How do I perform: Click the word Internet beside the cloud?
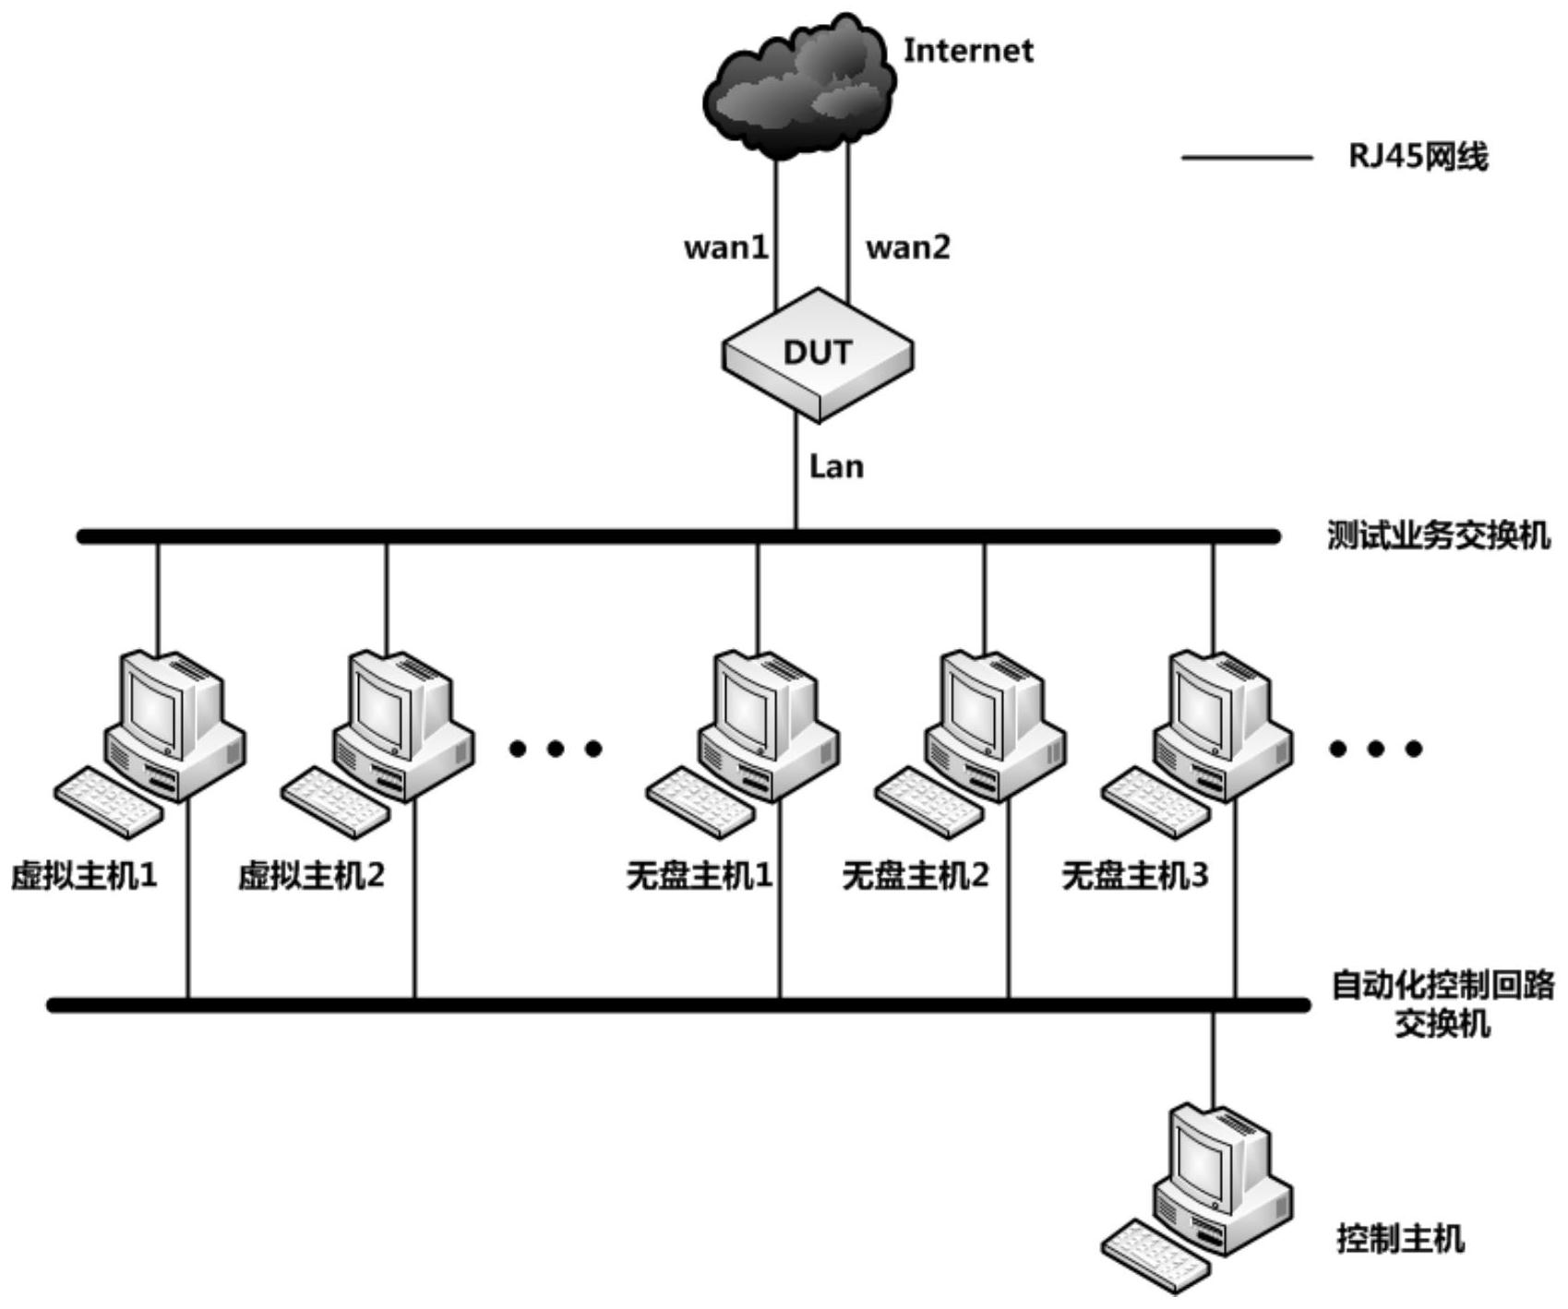tap(967, 51)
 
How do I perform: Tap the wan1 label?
tap(725, 247)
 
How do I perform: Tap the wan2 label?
tap(907, 247)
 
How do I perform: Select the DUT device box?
tap(817, 354)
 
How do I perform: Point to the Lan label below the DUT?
tap(836, 467)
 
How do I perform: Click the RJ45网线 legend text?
tap(1418, 157)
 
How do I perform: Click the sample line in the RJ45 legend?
tap(1247, 158)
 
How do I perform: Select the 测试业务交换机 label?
tap(1438, 535)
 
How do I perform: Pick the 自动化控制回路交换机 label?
tap(1442, 1004)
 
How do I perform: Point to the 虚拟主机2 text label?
tap(311, 875)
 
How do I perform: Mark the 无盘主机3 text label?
tap(1134, 875)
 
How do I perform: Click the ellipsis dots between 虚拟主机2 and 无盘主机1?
tap(556, 749)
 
